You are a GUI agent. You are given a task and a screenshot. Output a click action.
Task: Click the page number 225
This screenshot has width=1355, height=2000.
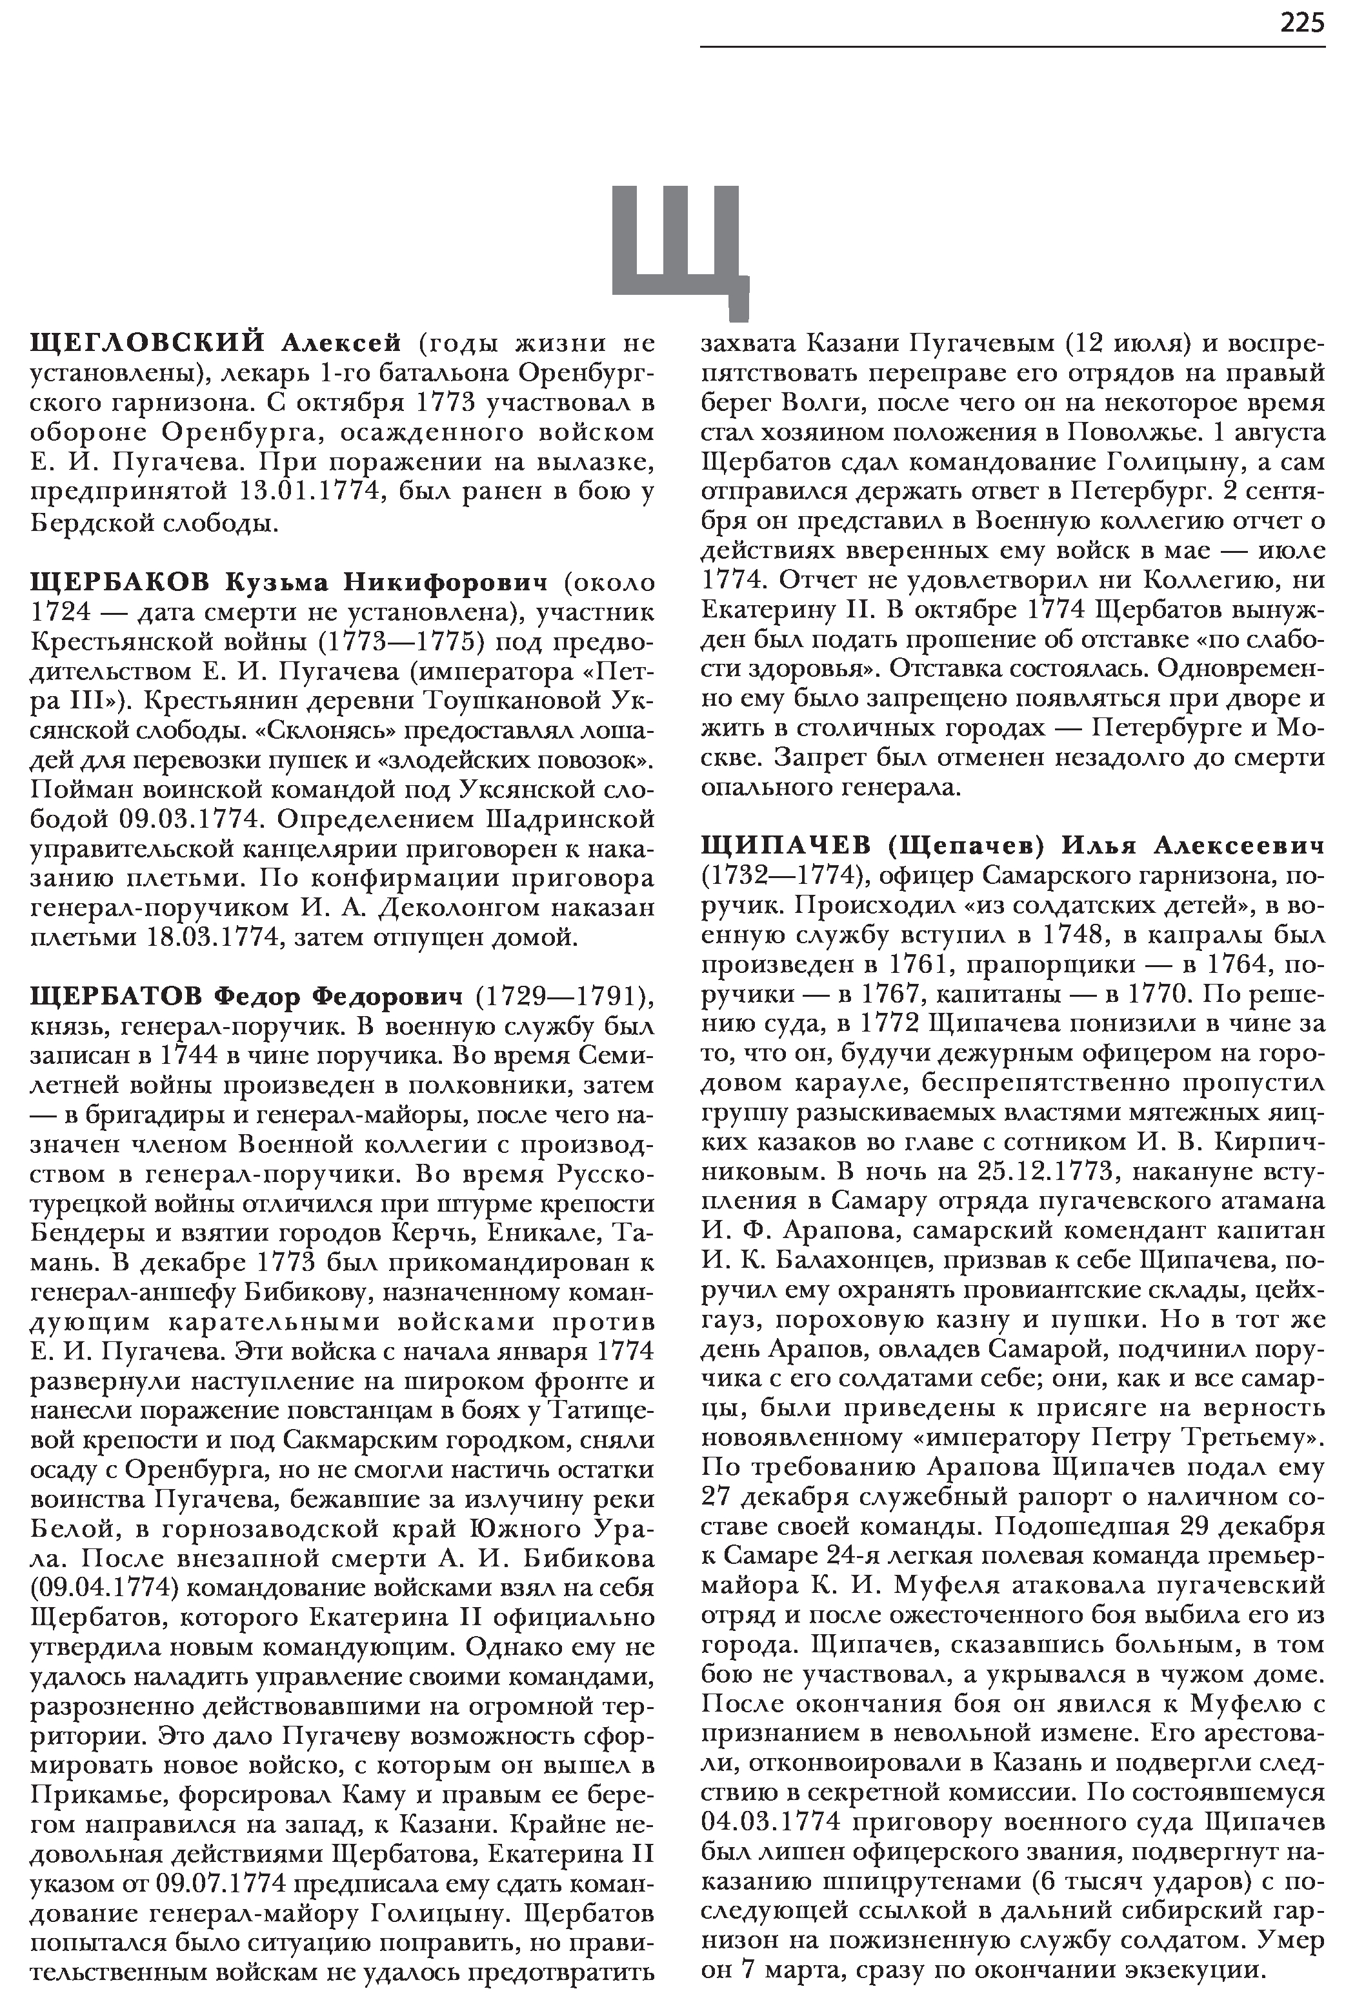pyautogui.click(x=1301, y=23)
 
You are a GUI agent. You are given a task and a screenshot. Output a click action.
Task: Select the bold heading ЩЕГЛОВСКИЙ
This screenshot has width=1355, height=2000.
pyautogui.click(x=146, y=343)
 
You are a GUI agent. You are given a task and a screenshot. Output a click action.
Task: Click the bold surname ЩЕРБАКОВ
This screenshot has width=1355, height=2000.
pyautogui.click(x=119, y=583)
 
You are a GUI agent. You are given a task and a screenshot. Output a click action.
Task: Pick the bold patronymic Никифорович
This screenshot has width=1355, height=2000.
pyautogui.click(x=445, y=583)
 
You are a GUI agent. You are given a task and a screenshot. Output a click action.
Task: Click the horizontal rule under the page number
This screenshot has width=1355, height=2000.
pyautogui.click(x=1012, y=46)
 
